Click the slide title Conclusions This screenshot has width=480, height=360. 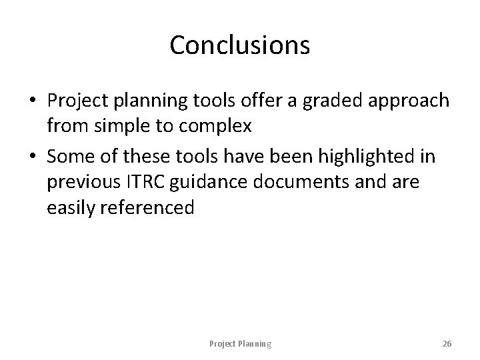click(x=239, y=45)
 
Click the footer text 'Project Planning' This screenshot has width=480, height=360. click(x=240, y=344)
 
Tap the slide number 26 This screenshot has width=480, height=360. click(x=447, y=344)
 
